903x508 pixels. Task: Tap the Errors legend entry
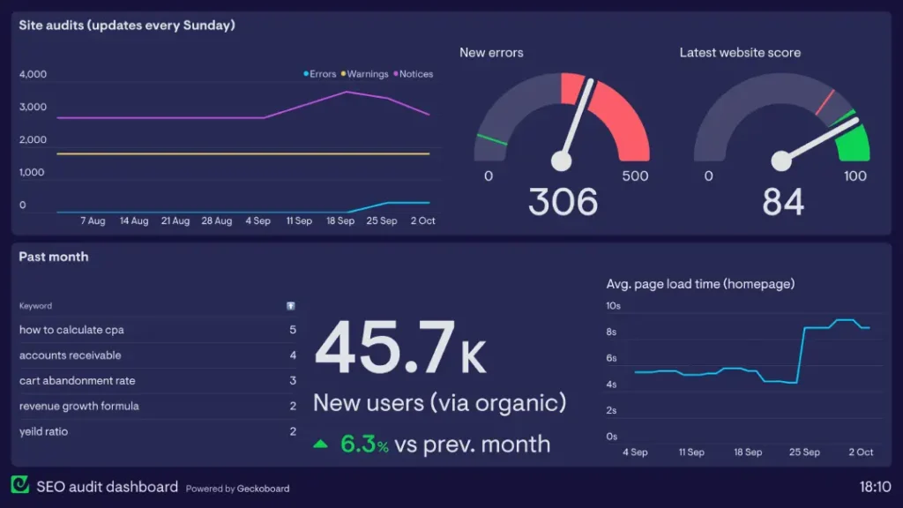322,74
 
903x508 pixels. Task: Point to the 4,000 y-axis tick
33,74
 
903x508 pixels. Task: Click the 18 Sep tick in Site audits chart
340,220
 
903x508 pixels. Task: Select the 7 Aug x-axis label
93,220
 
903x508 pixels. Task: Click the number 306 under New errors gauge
563,202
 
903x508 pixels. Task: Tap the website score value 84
783,202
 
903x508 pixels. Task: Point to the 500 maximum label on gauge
635,176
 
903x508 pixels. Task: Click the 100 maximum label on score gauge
855,176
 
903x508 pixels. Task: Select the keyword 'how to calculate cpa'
71,330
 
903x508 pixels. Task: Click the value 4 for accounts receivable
293,355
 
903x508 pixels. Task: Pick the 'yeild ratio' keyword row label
44,431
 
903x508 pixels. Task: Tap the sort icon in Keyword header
291,306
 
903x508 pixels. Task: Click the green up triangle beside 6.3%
321,444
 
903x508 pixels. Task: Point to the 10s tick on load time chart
613,306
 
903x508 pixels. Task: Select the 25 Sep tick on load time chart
804,452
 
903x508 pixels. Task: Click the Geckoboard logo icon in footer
20,485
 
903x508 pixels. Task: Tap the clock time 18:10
875,486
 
